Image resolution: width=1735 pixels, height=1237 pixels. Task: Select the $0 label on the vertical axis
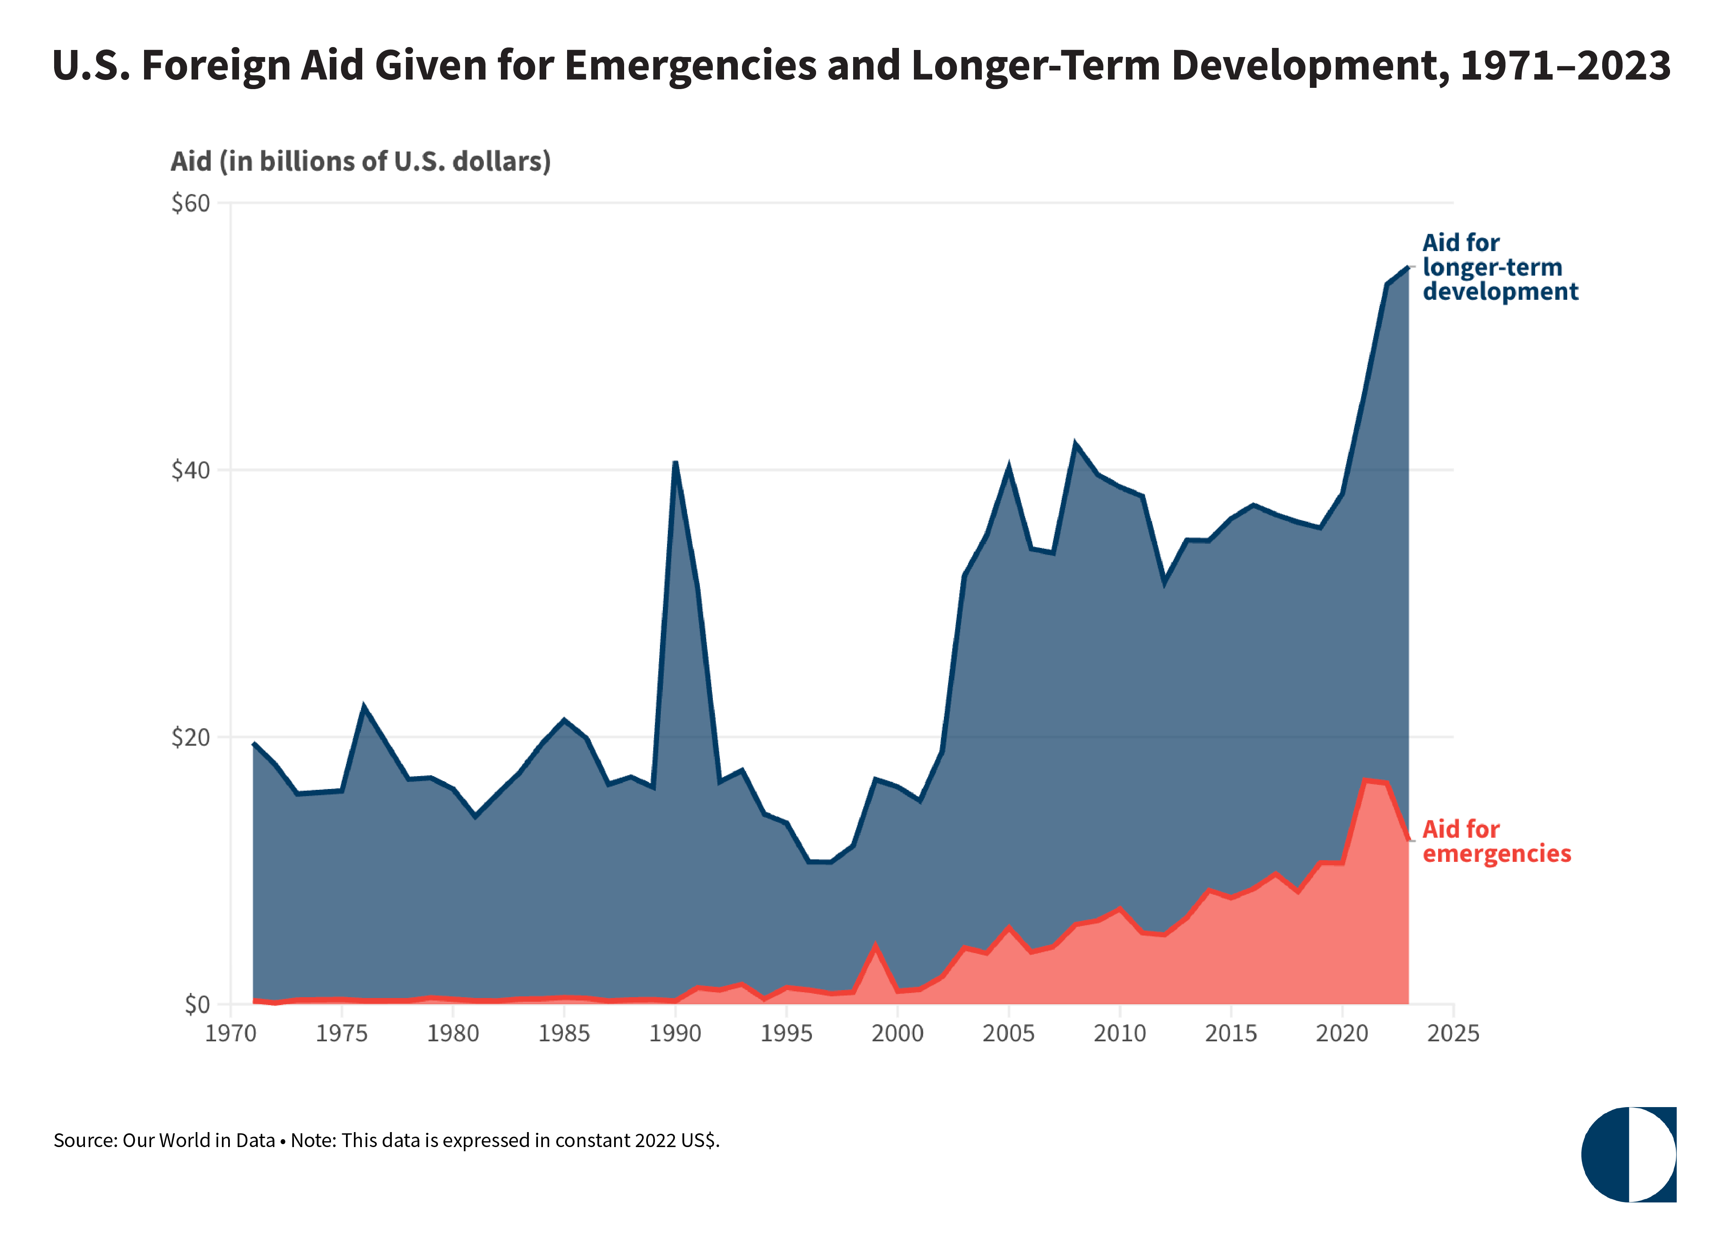tap(197, 1005)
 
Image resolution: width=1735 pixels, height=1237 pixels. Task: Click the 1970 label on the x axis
tap(231, 1034)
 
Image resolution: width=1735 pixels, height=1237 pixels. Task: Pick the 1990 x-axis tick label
tap(675, 1034)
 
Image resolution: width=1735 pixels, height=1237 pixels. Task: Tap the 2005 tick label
tap(1008, 1034)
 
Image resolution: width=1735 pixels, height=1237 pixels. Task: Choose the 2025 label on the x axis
tap(1453, 1034)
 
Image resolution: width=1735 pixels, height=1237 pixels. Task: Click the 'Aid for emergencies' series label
tap(1496, 841)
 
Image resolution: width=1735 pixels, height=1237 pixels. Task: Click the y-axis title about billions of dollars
tap(360, 162)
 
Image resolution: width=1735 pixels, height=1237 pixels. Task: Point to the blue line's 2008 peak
tap(1075, 443)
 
